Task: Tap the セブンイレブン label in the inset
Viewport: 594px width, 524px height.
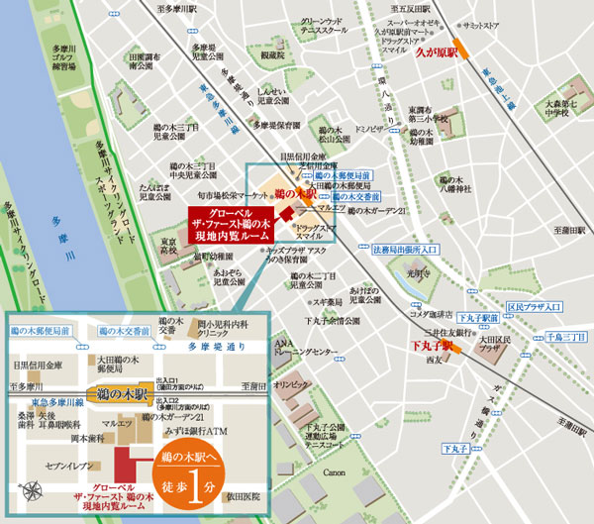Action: point(68,464)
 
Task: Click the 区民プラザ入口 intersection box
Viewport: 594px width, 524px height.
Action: point(534,307)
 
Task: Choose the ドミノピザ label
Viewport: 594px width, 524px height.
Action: point(369,129)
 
